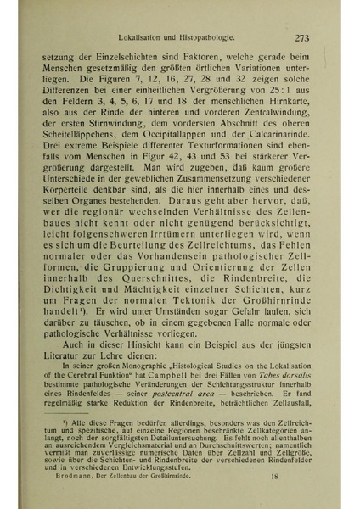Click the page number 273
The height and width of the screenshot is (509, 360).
click(x=303, y=39)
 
